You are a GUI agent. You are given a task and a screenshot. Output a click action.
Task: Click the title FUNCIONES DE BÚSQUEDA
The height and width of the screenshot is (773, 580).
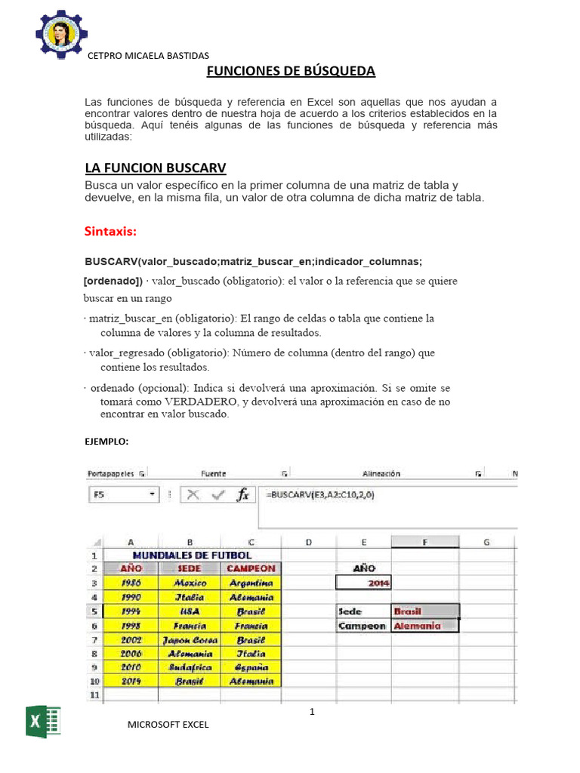coord(291,71)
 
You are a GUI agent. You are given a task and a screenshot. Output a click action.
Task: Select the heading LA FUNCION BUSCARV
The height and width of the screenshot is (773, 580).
coord(156,167)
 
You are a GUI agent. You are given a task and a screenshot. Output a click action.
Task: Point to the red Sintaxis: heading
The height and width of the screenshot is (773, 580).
coord(115,230)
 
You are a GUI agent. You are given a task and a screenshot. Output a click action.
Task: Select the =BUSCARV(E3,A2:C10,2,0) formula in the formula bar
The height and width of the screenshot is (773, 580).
coord(320,494)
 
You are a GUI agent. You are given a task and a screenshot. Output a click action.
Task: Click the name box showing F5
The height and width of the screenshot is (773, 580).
coord(124,495)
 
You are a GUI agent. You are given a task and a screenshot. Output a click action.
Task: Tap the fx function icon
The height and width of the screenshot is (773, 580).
coord(242,495)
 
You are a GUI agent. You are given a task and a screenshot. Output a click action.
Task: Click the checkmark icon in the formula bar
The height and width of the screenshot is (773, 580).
coord(218,495)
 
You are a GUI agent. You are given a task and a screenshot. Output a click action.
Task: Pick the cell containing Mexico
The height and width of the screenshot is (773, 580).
coord(189,583)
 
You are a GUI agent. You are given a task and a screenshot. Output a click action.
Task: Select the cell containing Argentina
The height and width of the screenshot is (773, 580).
coord(251,583)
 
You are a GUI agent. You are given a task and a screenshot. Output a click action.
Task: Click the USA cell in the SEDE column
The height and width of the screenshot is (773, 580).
coord(189,611)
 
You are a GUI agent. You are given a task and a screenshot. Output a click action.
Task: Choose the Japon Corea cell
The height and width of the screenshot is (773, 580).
coord(189,639)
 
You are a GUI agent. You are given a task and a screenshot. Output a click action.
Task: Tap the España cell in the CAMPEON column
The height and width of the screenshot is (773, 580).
coord(251,667)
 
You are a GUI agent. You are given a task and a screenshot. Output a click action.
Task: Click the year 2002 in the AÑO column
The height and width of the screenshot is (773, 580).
coord(131,639)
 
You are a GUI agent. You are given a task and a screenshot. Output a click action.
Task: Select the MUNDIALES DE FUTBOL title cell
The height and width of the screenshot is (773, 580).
coord(192,555)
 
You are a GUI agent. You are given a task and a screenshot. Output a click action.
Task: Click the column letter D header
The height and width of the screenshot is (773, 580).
coord(309,542)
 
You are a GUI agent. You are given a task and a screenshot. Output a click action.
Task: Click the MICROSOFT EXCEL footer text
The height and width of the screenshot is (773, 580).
coord(168,725)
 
